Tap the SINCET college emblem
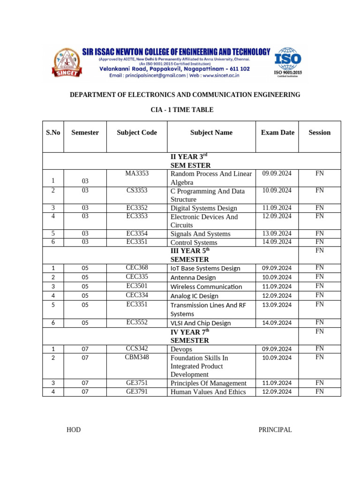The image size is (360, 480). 67,63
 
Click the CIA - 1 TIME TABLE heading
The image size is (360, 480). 181,110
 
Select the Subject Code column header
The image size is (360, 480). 136,133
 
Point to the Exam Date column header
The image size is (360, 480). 277,133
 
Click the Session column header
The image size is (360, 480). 319,133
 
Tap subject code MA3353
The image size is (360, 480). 136,173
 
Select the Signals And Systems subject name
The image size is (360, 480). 200,234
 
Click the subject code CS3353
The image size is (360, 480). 136,190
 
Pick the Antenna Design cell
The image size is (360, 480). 193,277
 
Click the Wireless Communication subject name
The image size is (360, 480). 206,286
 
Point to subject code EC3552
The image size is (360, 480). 136,322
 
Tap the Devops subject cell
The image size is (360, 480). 181,349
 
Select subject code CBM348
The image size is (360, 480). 136,357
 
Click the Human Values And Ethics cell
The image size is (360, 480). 208,392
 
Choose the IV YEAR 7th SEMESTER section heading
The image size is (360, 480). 189,336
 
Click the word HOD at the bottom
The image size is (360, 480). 74,430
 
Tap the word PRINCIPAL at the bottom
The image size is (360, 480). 275,430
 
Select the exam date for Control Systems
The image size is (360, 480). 277,242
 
